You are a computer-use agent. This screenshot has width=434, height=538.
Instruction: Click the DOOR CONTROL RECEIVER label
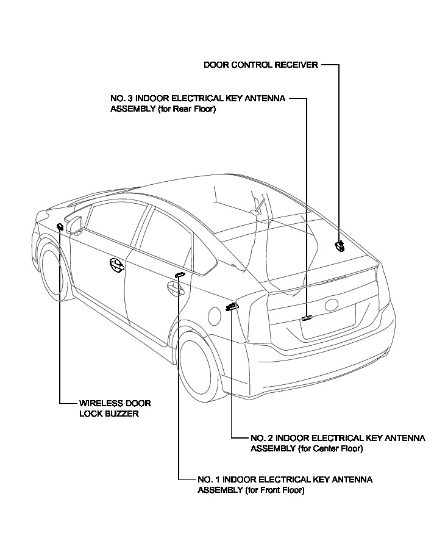[x=261, y=65]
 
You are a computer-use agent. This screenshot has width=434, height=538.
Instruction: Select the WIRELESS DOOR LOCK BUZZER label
[x=115, y=408]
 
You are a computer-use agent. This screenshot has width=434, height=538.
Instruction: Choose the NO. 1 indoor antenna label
[x=285, y=485]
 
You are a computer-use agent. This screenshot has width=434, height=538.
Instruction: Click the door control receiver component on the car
[x=340, y=246]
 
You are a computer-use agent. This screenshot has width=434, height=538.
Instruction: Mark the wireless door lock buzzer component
[x=60, y=227]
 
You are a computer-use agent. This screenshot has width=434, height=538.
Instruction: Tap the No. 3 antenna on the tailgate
[x=306, y=317]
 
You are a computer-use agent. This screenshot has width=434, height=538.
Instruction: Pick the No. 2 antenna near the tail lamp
[x=231, y=306]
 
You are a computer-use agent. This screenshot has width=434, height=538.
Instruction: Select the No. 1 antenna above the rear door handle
[x=179, y=275]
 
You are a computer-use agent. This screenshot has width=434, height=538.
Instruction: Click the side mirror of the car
[x=75, y=224]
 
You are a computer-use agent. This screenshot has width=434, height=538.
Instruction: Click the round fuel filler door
[x=213, y=315]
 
